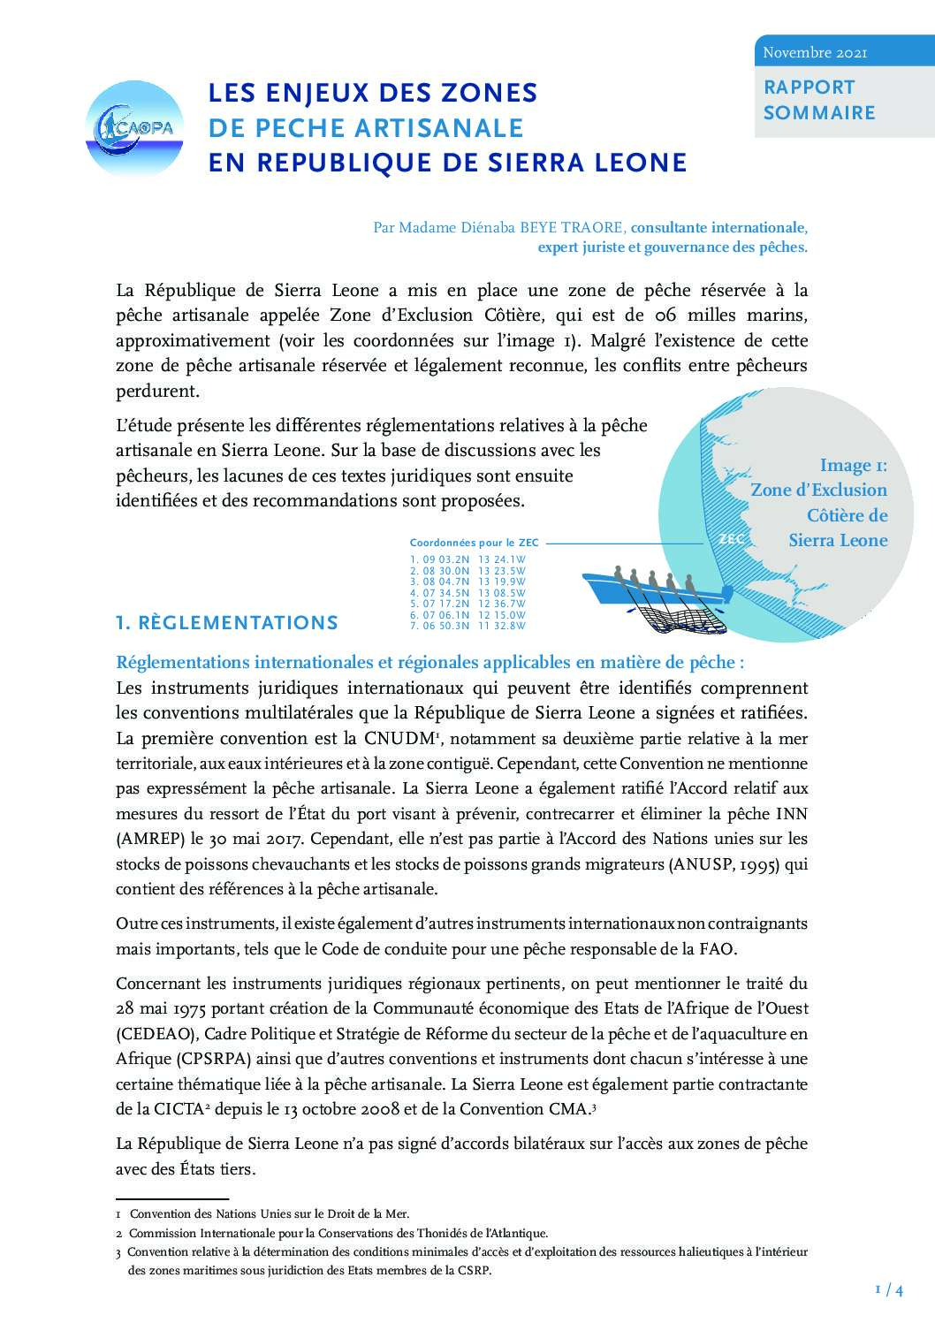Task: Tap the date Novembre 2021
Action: pyautogui.click(x=815, y=53)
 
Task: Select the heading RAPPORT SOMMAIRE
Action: pyautogui.click(x=819, y=100)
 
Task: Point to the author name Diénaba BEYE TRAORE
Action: pyautogui.click(x=548, y=227)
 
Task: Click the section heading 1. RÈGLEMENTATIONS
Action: pyautogui.click(x=227, y=622)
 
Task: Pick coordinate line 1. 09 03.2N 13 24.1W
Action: pyautogui.click(x=467, y=559)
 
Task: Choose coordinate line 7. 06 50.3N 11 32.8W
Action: pyautogui.click(x=467, y=626)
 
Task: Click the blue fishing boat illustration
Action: pyautogui.click(x=654, y=590)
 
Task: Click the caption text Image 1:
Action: pyautogui.click(x=853, y=466)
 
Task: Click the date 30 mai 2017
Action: pyautogui.click(x=245, y=839)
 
